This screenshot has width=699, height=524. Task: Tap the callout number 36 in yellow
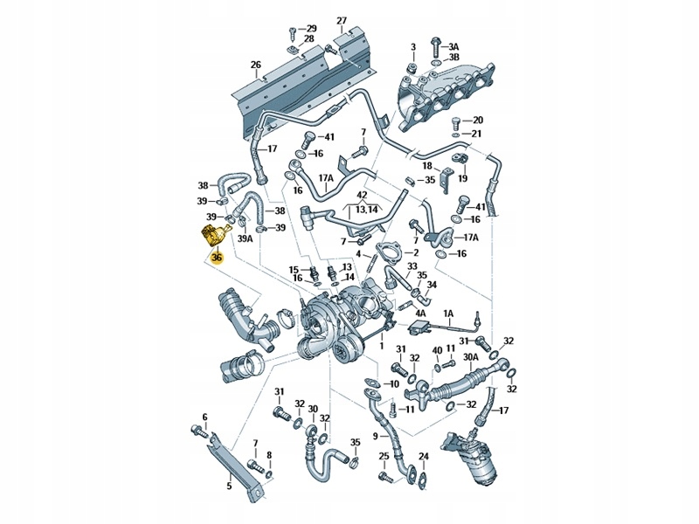pos(217,258)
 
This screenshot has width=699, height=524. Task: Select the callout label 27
pos(342,20)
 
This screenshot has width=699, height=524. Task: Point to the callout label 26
pos(255,65)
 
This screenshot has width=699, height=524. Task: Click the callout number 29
pos(311,29)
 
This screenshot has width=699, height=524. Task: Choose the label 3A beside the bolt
pos(453,45)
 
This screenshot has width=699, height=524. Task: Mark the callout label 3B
pos(453,58)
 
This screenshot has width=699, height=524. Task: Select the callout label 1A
pos(449,314)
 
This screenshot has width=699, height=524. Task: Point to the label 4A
pos(420,313)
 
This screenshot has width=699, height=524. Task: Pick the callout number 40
pos(437,349)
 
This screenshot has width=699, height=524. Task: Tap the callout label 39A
pos(245,238)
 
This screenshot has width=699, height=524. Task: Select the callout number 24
pos(423,457)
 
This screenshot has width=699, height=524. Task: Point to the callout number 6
pos(205,417)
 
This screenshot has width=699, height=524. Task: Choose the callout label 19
pos(463,178)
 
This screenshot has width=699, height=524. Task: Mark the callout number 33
pos(412,265)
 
